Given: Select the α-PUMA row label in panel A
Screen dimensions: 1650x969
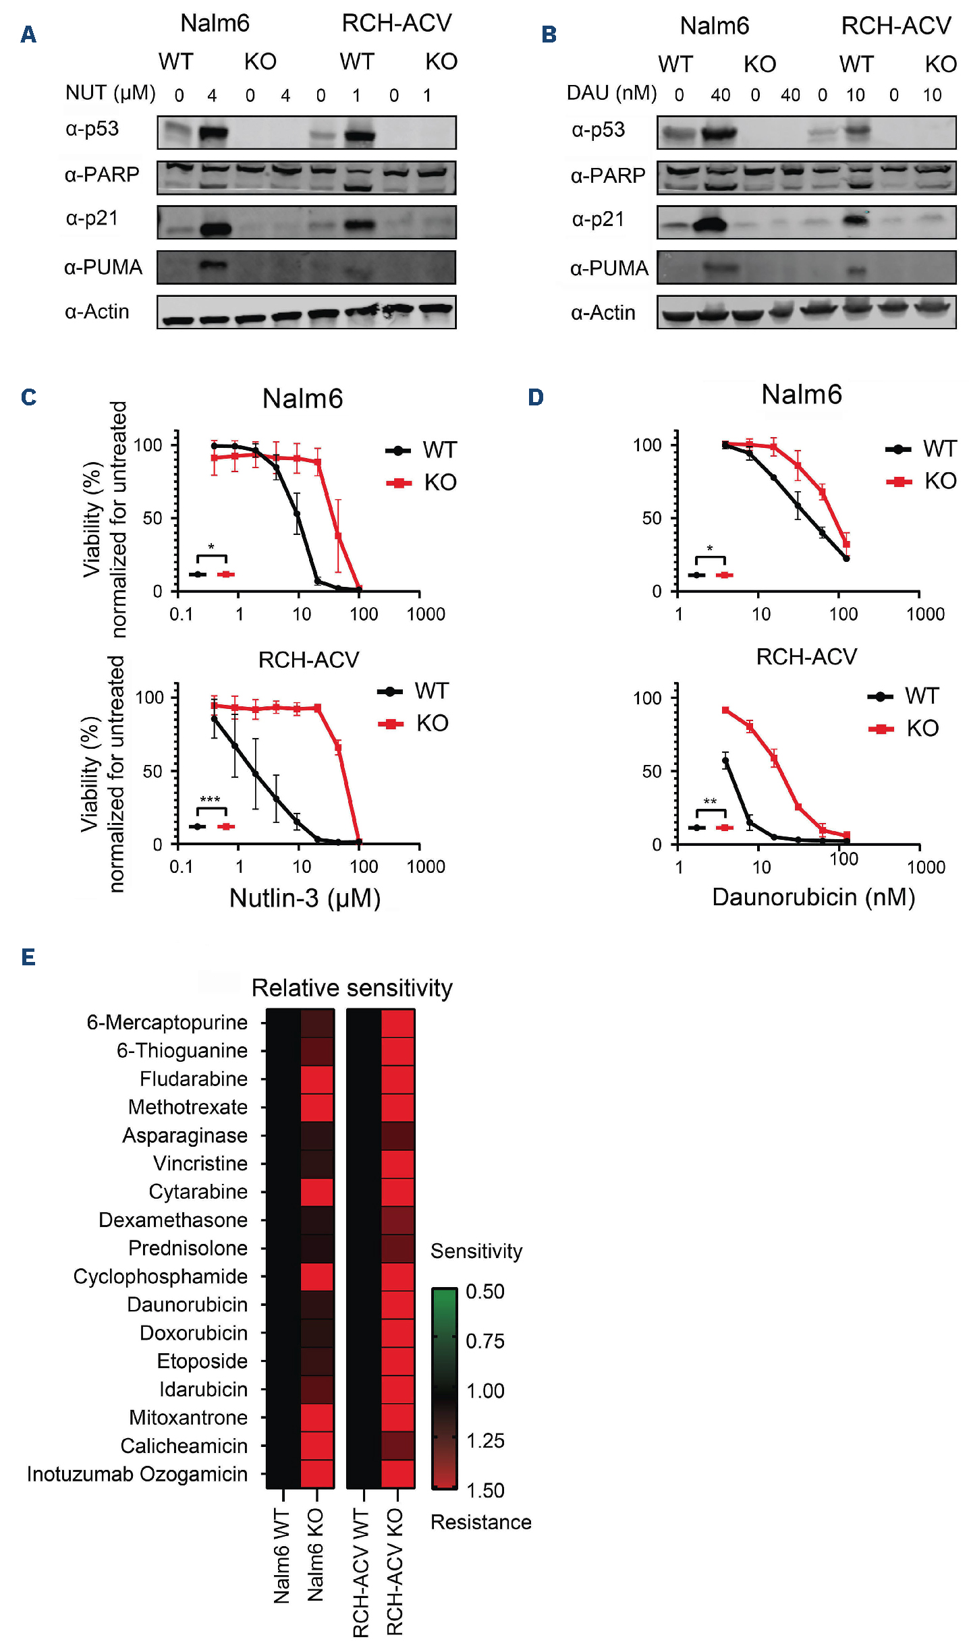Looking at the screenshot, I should coord(103,267).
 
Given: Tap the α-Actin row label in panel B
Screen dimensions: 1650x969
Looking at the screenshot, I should coord(603,312).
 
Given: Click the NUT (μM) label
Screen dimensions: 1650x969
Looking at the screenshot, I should coord(110,92).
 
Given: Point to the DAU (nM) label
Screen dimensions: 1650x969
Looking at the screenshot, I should coord(611,92).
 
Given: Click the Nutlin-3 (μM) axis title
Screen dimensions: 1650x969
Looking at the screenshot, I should coord(305,898).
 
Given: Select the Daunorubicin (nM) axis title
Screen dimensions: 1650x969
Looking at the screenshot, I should coord(813,897).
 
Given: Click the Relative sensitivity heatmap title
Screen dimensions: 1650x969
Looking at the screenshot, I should coord(352,988).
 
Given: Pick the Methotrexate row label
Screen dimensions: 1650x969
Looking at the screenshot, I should coord(188,1107).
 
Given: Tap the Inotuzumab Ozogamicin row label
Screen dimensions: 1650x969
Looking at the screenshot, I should coord(137,1474).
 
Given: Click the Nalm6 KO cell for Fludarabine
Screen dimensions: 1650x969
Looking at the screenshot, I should coord(317,1079).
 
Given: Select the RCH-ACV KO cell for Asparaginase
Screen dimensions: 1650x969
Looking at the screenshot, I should coord(398,1135).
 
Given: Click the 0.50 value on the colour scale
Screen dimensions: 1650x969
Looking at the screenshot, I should coord(485,1291).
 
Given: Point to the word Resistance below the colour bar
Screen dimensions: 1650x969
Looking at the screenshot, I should coord(480,1522).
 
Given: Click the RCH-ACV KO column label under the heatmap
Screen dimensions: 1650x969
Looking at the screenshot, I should coord(395,1572).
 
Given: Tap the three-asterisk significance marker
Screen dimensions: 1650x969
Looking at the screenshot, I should coord(210,800).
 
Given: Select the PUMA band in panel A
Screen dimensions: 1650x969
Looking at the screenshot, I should coord(213,265).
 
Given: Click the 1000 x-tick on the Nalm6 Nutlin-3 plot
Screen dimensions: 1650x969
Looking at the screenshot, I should coord(426,614).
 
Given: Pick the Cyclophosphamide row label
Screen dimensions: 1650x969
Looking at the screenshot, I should coord(160,1276).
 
